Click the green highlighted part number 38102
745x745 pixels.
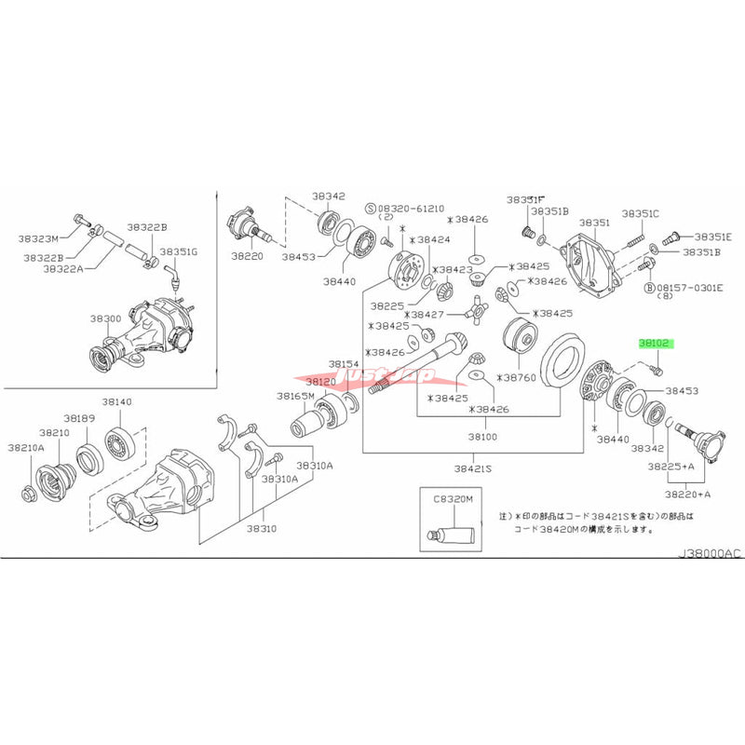coord(655,343)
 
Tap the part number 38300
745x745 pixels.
coord(105,318)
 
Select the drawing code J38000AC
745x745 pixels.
coord(710,553)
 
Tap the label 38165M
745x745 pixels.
coord(295,396)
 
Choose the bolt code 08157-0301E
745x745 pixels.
coord(693,288)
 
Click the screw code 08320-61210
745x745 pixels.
coord(410,210)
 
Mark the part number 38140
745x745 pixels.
coord(118,400)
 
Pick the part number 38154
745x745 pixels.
coord(343,364)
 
